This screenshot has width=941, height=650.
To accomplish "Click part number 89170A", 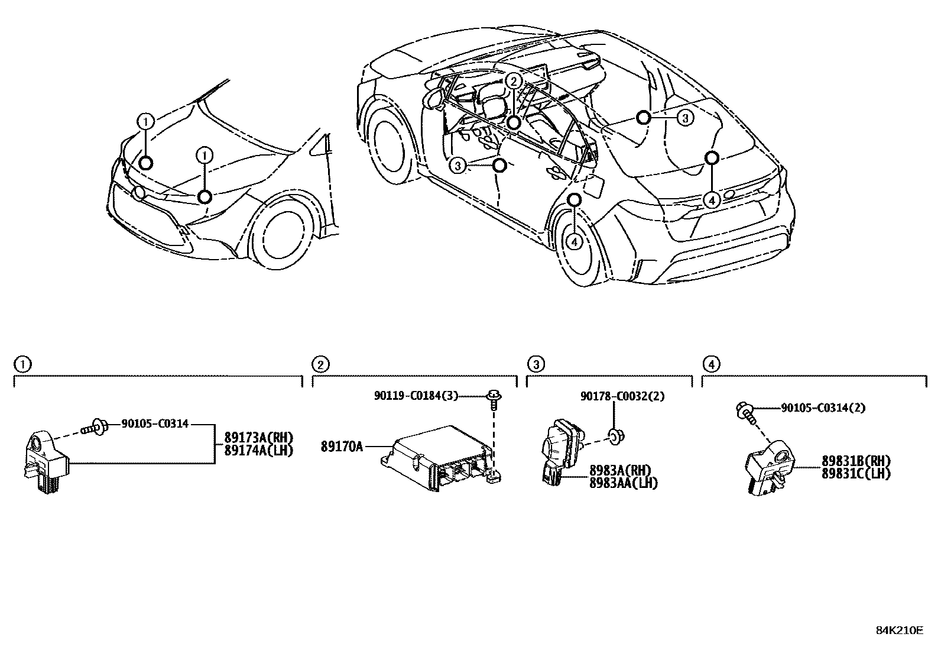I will pos(342,447).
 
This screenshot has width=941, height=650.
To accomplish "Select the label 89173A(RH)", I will pos(258,438).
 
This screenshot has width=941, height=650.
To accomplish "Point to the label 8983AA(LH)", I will pos(623,483).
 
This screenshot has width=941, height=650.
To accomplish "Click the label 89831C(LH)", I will pos(855,473).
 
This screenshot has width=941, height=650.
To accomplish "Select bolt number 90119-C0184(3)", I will pos(416,396).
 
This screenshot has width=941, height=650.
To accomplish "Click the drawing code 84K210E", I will pos(899,630).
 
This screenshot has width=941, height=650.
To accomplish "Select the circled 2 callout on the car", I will pos(514,81).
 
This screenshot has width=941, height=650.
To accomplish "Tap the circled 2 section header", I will pos(320,364).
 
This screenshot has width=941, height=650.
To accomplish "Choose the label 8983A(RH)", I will pos(619,471).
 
